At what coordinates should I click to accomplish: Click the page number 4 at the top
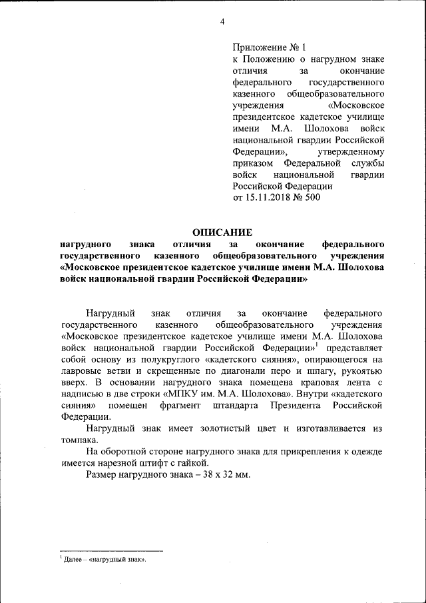tap(222, 22)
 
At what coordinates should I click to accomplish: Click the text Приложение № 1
tap(268, 47)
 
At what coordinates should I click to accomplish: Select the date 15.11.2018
tap(268, 198)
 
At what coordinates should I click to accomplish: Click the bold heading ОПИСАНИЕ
tap(222, 233)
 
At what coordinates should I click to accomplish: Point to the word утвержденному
tap(356, 152)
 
